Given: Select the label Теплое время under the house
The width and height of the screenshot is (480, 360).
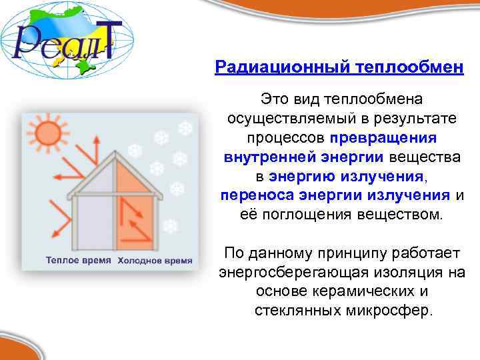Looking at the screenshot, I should pos(77,260).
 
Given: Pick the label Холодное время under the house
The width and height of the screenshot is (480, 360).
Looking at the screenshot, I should pos(154,260).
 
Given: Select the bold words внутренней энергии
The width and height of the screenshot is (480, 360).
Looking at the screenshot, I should pos(303,157).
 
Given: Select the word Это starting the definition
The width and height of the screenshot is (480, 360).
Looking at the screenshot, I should pos(275,99).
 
